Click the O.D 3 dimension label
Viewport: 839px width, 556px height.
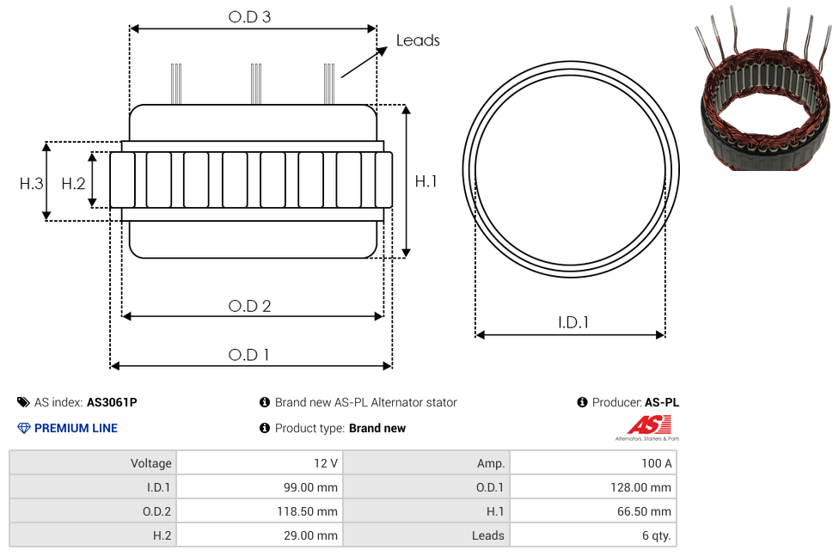(249, 17)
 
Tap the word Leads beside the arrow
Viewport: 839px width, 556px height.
(418, 40)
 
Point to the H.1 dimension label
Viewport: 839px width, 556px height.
(426, 182)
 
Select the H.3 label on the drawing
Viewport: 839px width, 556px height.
(31, 184)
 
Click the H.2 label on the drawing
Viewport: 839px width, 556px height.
(73, 184)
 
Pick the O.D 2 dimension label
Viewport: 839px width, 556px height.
(249, 306)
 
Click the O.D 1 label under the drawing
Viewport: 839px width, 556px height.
(248, 355)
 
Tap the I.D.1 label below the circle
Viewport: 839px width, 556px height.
(573, 322)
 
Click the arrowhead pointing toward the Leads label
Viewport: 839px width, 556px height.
(382, 51)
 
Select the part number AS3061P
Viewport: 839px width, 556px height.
(112, 402)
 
